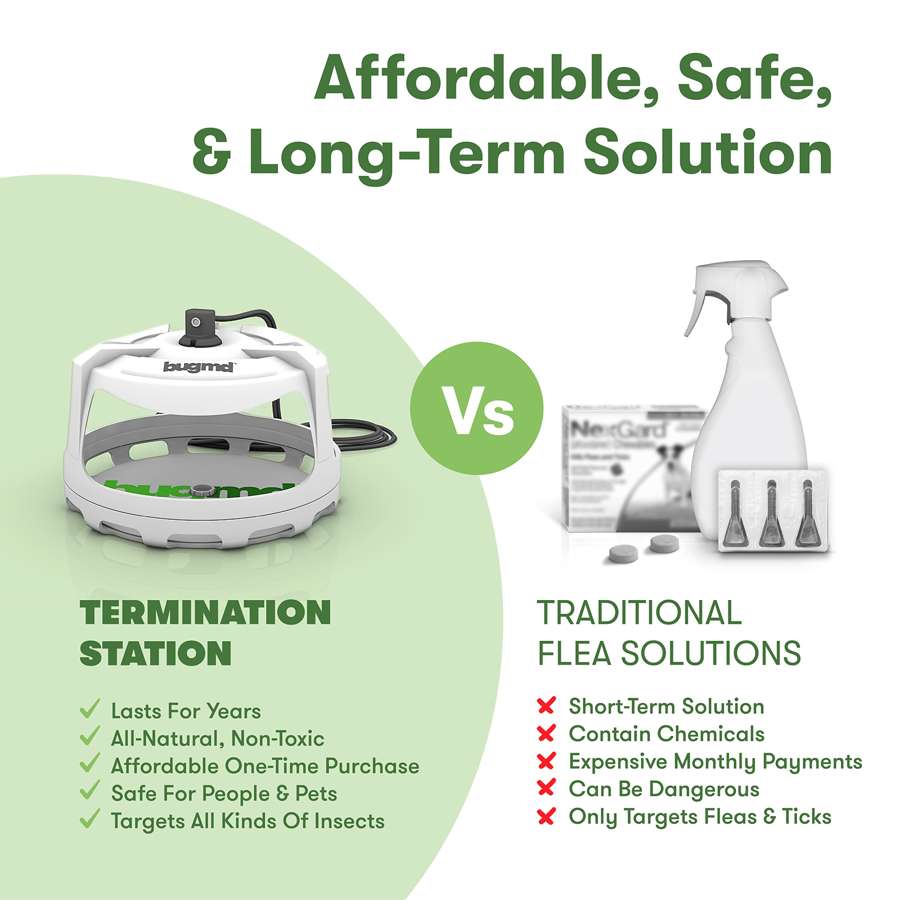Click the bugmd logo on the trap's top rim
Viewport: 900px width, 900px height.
198,367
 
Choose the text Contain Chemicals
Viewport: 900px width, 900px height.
666,734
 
